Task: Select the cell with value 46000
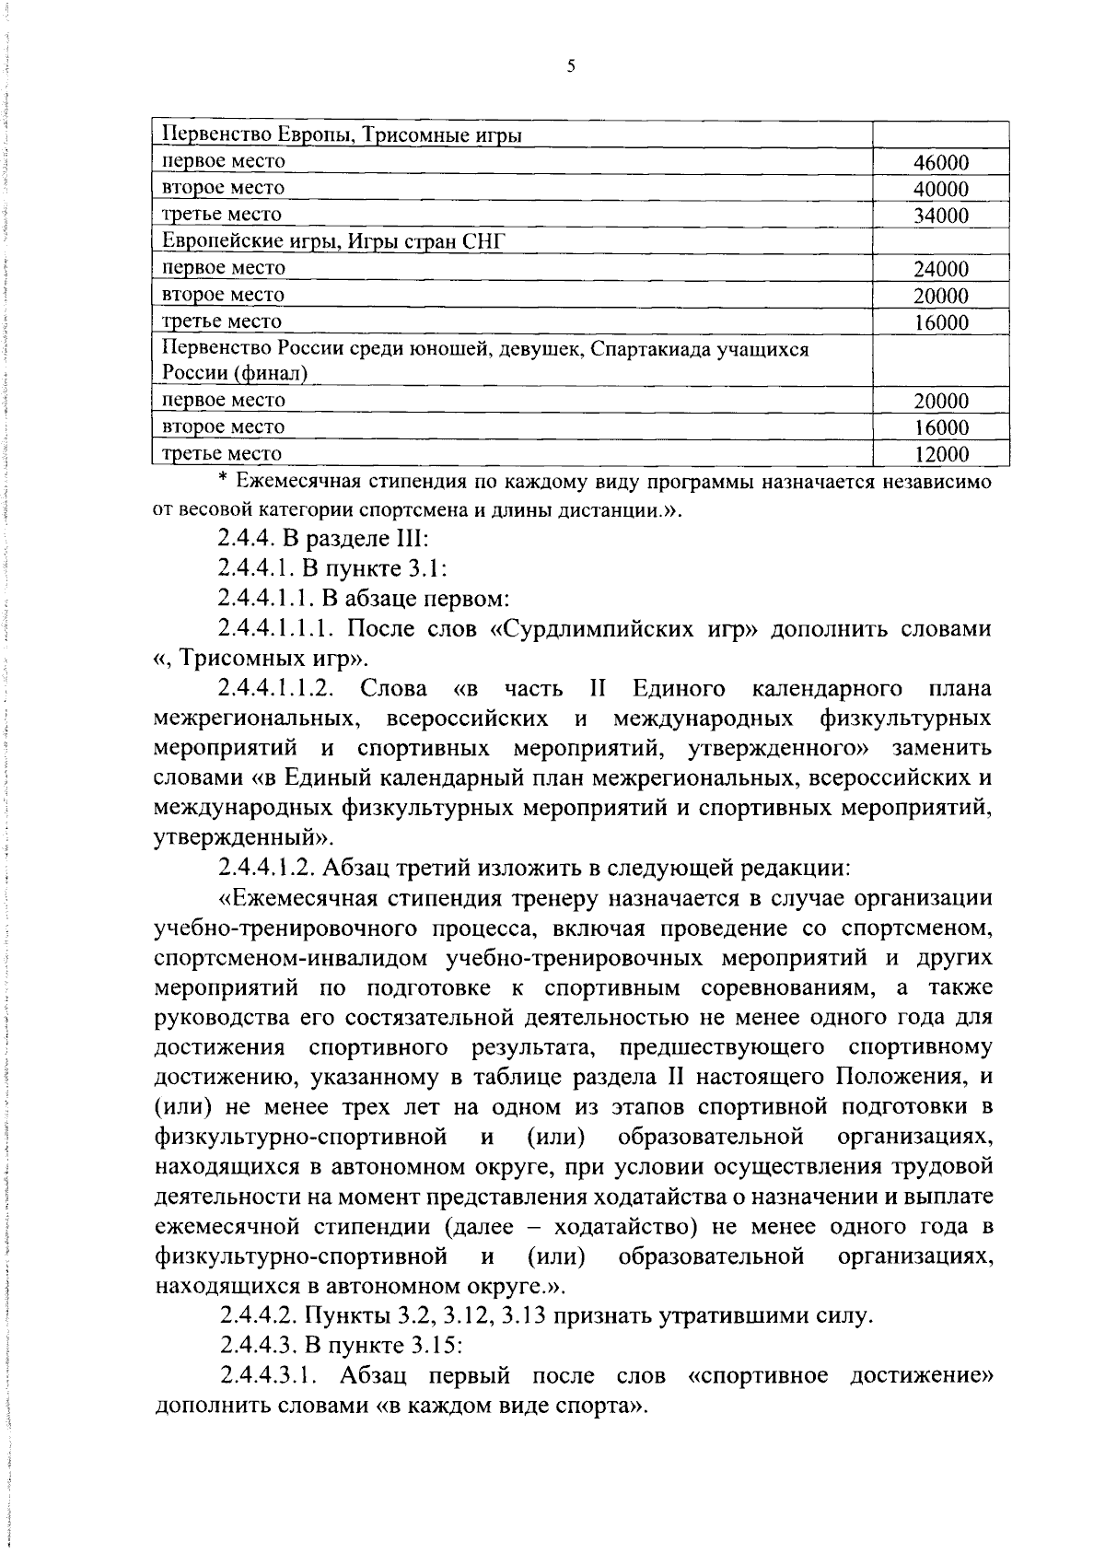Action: pos(940,163)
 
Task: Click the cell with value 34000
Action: pos(940,216)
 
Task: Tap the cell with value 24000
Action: pos(940,270)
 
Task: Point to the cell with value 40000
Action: pos(940,190)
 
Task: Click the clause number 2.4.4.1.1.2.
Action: pos(275,689)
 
